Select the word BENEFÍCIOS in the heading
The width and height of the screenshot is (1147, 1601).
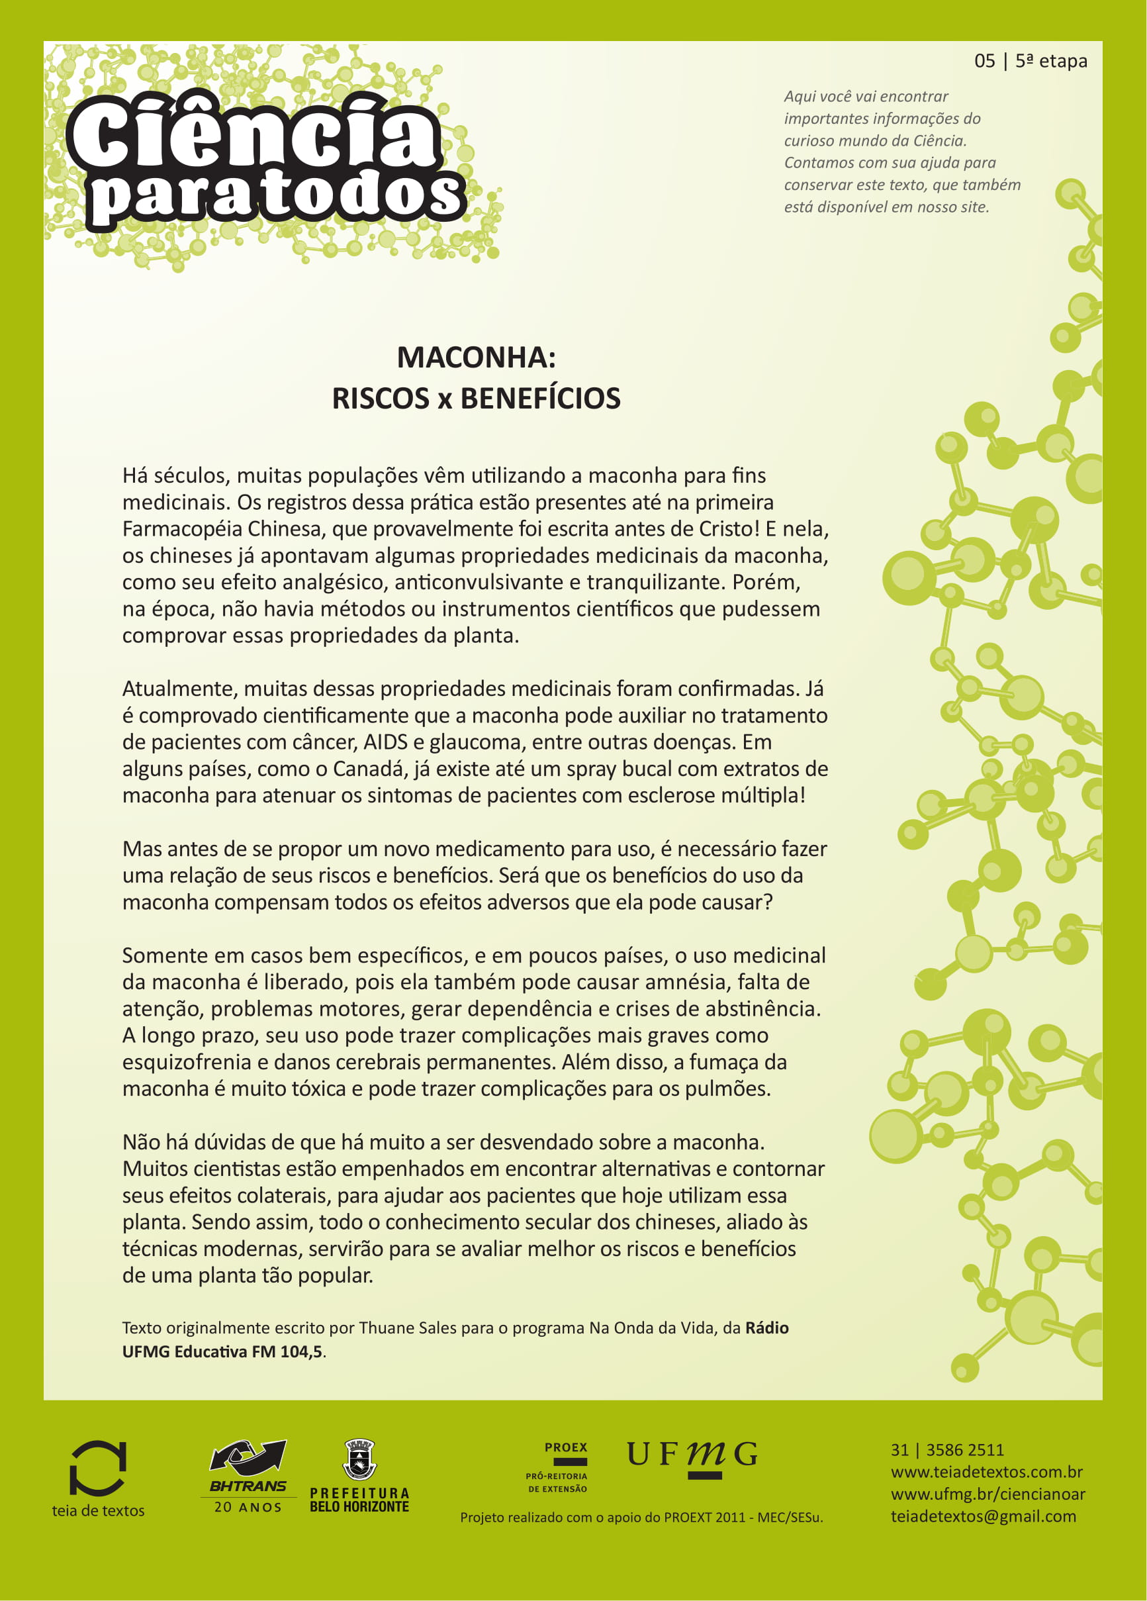click(540, 399)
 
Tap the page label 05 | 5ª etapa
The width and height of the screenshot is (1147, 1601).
click(1030, 62)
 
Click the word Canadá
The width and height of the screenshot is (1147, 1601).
click(369, 769)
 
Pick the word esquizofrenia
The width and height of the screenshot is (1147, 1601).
click(187, 1063)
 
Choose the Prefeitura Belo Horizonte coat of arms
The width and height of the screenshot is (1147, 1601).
click(359, 1460)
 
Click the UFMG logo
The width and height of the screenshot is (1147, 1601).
click(692, 1455)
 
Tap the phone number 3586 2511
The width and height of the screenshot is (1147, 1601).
click(964, 1450)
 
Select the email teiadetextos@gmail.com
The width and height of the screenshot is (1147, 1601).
click(983, 1516)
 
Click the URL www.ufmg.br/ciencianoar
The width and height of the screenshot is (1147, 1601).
click(987, 1494)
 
